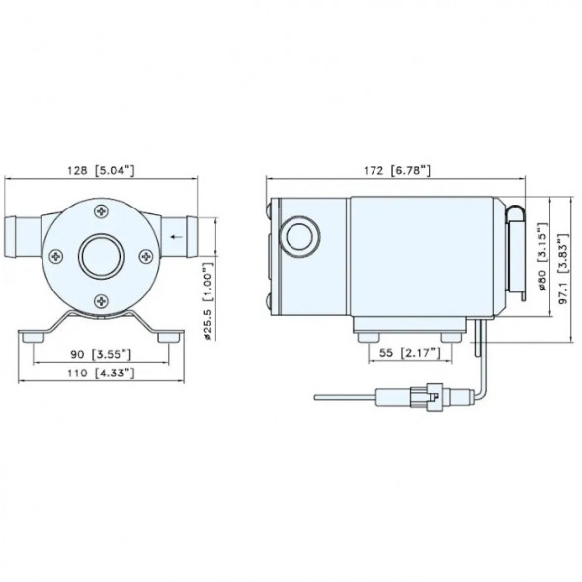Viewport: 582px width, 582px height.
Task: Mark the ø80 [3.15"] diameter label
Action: click(x=541, y=259)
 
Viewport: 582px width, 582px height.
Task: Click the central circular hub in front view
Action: click(x=99, y=256)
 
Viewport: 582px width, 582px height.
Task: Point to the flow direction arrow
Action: click(x=176, y=236)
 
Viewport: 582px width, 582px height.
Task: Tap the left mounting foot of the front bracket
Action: click(x=37, y=336)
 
